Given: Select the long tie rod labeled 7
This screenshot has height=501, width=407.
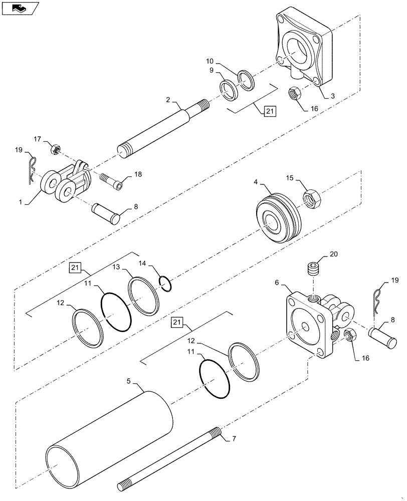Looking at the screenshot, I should click(x=170, y=459).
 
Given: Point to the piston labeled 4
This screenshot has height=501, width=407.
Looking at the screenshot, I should click(x=280, y=220).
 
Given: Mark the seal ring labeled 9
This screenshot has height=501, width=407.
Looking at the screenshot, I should click(x=230, y=88).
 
